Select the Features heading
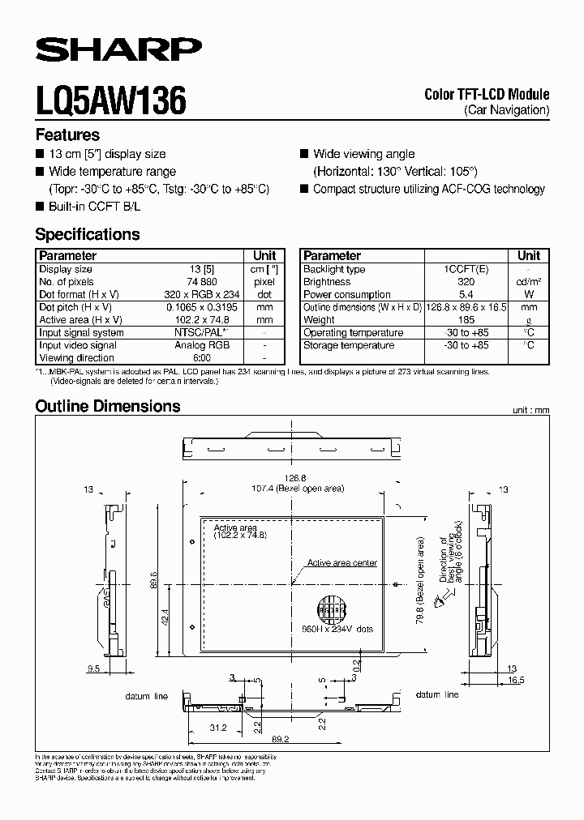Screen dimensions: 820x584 (67, 135)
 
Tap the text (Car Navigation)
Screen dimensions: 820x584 (507, 109)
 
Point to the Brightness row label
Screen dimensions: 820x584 (326, 282)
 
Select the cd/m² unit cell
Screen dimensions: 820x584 (529, 282)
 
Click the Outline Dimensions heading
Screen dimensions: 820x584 (108, 406)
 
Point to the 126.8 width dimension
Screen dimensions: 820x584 (285, 478)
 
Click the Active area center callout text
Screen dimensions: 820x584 (341, 563)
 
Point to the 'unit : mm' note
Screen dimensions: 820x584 (530, 411)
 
